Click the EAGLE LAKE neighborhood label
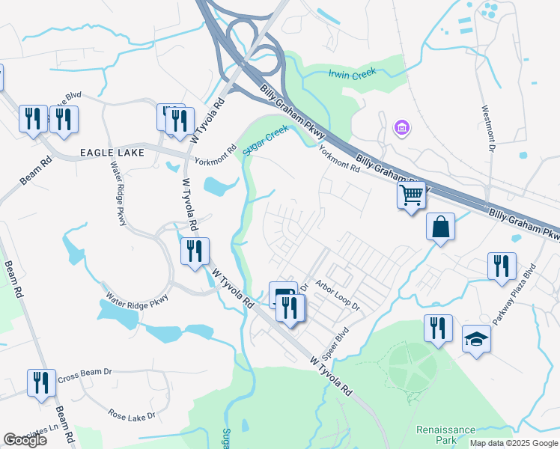tap(112, 153)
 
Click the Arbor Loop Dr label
tap(338, 296)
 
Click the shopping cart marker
tap(411, 195)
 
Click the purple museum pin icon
tap(402, 128)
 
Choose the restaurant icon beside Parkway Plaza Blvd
tap(501, 266)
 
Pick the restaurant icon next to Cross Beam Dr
tap(41, 382)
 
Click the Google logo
tap(25, 440)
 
